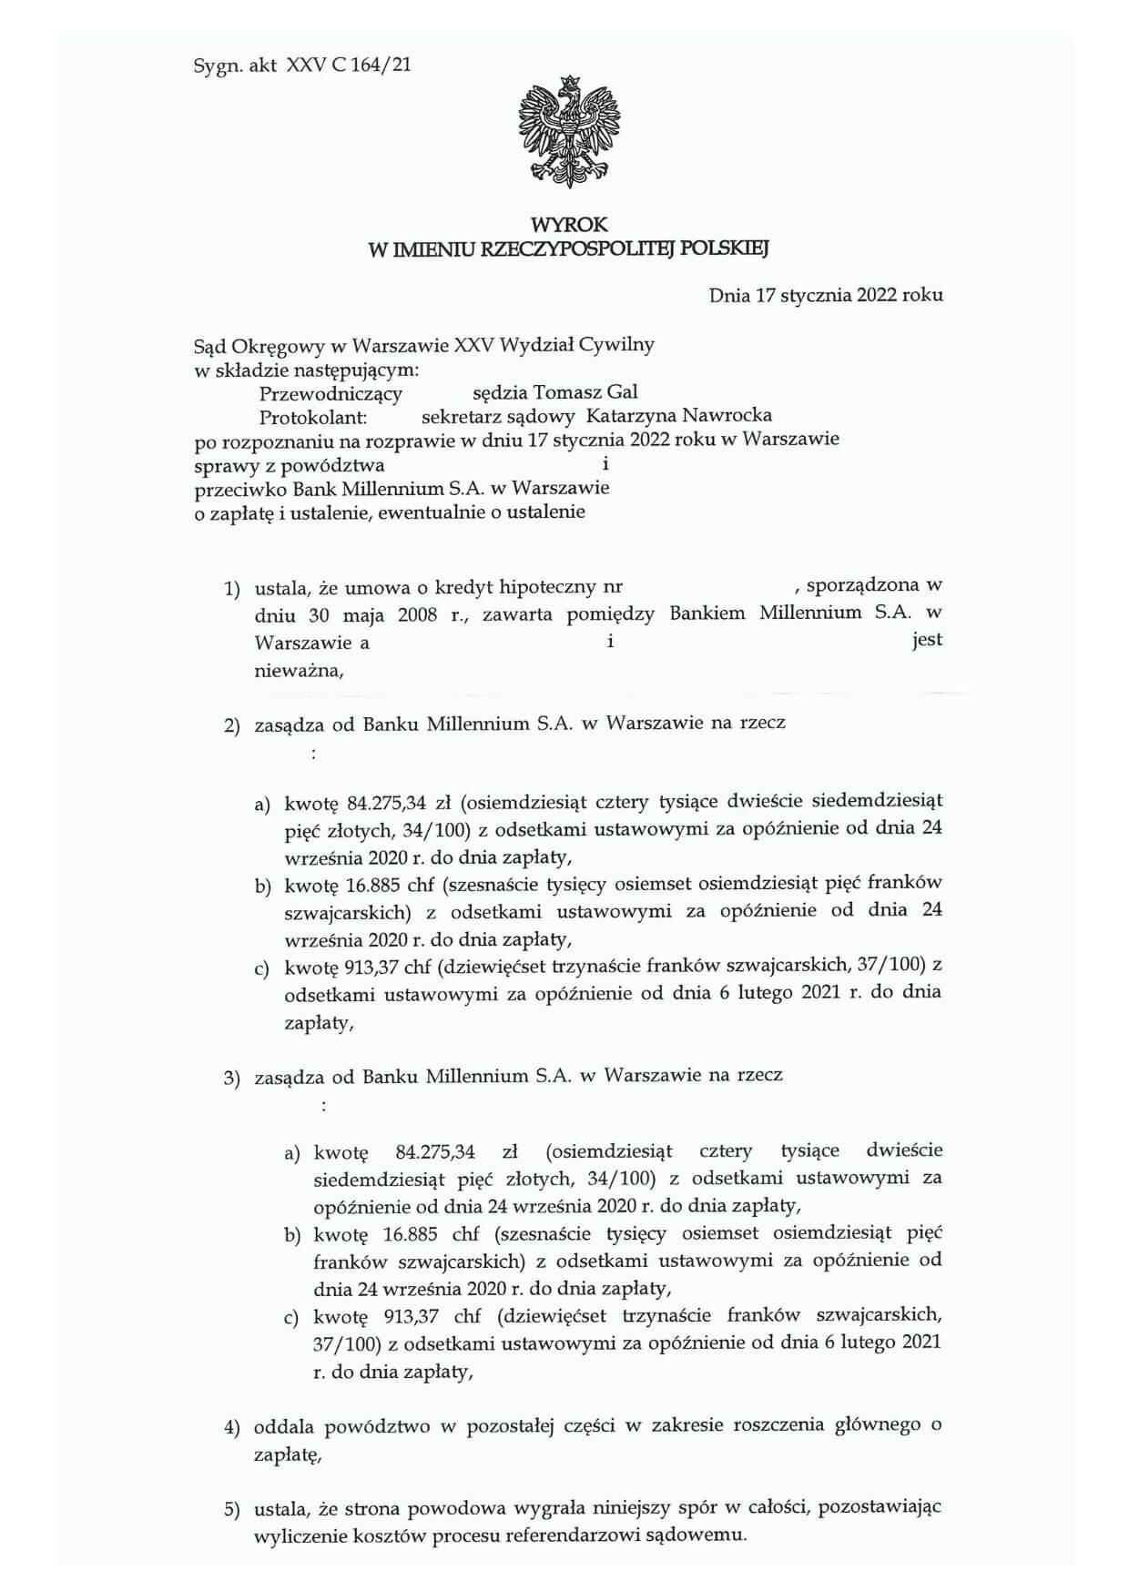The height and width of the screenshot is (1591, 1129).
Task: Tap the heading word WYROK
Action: coord(569,224)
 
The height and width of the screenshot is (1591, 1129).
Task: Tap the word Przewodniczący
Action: coord(331,393)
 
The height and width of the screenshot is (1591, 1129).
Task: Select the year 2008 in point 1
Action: coord(418,614)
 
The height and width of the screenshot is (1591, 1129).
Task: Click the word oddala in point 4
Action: coord(285,1425)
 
